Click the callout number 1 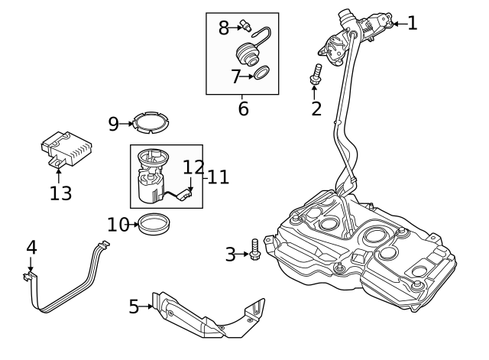413,23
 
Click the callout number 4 31,247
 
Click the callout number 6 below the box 243,109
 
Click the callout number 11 218,177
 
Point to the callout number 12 194,167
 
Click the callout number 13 60,193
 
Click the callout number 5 134,306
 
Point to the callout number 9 113,123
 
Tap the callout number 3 230,255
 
